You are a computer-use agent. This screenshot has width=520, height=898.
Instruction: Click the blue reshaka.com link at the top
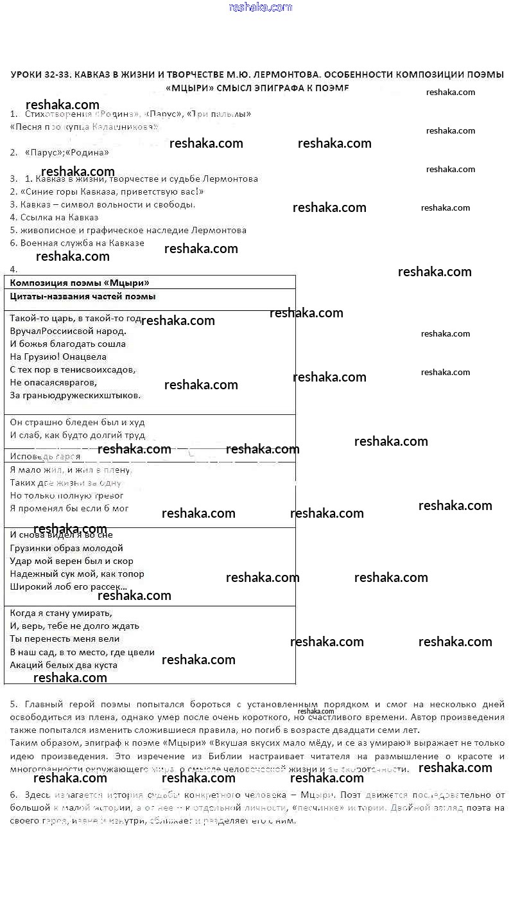point(260,7)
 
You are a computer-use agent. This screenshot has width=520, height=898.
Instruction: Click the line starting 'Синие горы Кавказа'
point(112,191)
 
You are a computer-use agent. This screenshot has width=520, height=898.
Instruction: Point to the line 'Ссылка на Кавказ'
point(59,217)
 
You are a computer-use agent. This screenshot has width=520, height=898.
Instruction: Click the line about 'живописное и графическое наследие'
point(133,230)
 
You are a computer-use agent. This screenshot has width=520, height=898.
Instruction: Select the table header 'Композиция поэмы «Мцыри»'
point(80,283)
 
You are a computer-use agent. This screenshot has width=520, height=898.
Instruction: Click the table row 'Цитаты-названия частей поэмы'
point(83,297)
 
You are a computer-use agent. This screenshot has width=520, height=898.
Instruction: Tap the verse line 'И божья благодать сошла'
point(68,344)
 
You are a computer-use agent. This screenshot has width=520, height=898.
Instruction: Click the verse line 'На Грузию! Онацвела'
point(58,357)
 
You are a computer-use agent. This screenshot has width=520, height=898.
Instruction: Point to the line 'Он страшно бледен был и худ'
point(78,422)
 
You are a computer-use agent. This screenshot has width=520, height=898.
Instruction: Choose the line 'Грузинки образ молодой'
point(67,548)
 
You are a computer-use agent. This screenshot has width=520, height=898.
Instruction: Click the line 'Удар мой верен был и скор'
point(72,561)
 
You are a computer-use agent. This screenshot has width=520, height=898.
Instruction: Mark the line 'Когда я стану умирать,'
point(61,613)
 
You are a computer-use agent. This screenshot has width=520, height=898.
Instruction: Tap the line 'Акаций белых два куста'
point(64,665)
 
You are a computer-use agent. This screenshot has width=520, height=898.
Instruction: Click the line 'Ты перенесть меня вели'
point(65,638)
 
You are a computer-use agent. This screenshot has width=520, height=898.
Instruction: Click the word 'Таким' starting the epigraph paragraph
point(24,744)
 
